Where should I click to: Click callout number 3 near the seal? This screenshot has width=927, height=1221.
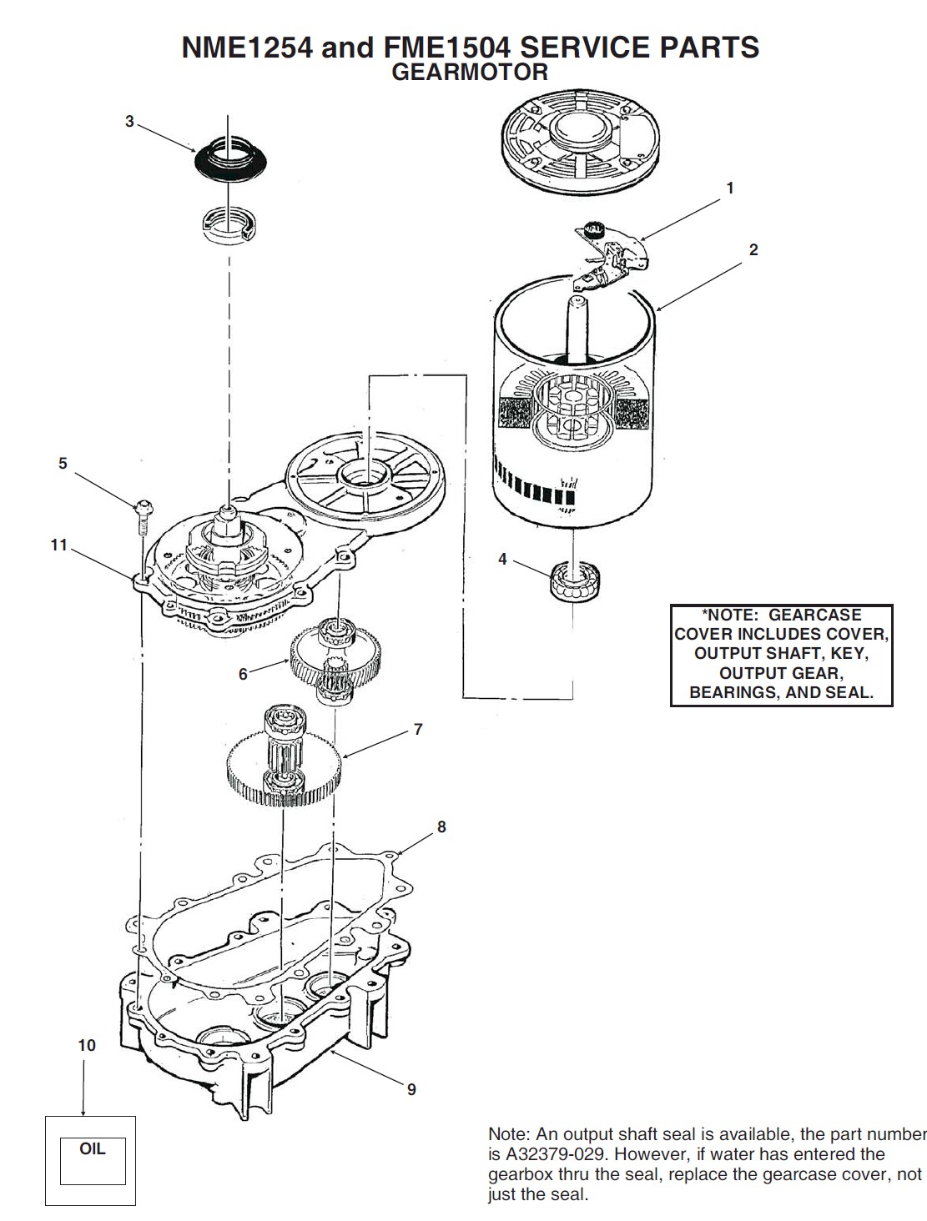coord(129,122)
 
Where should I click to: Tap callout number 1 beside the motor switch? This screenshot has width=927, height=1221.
coord(730,188)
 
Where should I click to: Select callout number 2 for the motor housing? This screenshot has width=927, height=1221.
coord(753,249)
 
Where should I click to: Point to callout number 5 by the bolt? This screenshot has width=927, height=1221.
coord(63,464)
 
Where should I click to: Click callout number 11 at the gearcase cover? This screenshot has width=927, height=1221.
coord(58,545)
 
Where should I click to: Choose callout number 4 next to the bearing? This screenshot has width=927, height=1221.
coord(502,559)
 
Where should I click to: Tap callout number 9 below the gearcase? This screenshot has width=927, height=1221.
coord(411,1089)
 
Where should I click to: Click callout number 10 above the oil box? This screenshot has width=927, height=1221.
coord(87,1045)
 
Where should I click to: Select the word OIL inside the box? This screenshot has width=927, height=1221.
coord(92,1148)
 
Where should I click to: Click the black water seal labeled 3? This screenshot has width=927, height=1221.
coord(227,159)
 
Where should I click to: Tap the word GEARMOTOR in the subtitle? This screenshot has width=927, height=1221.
coord(470,73)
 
